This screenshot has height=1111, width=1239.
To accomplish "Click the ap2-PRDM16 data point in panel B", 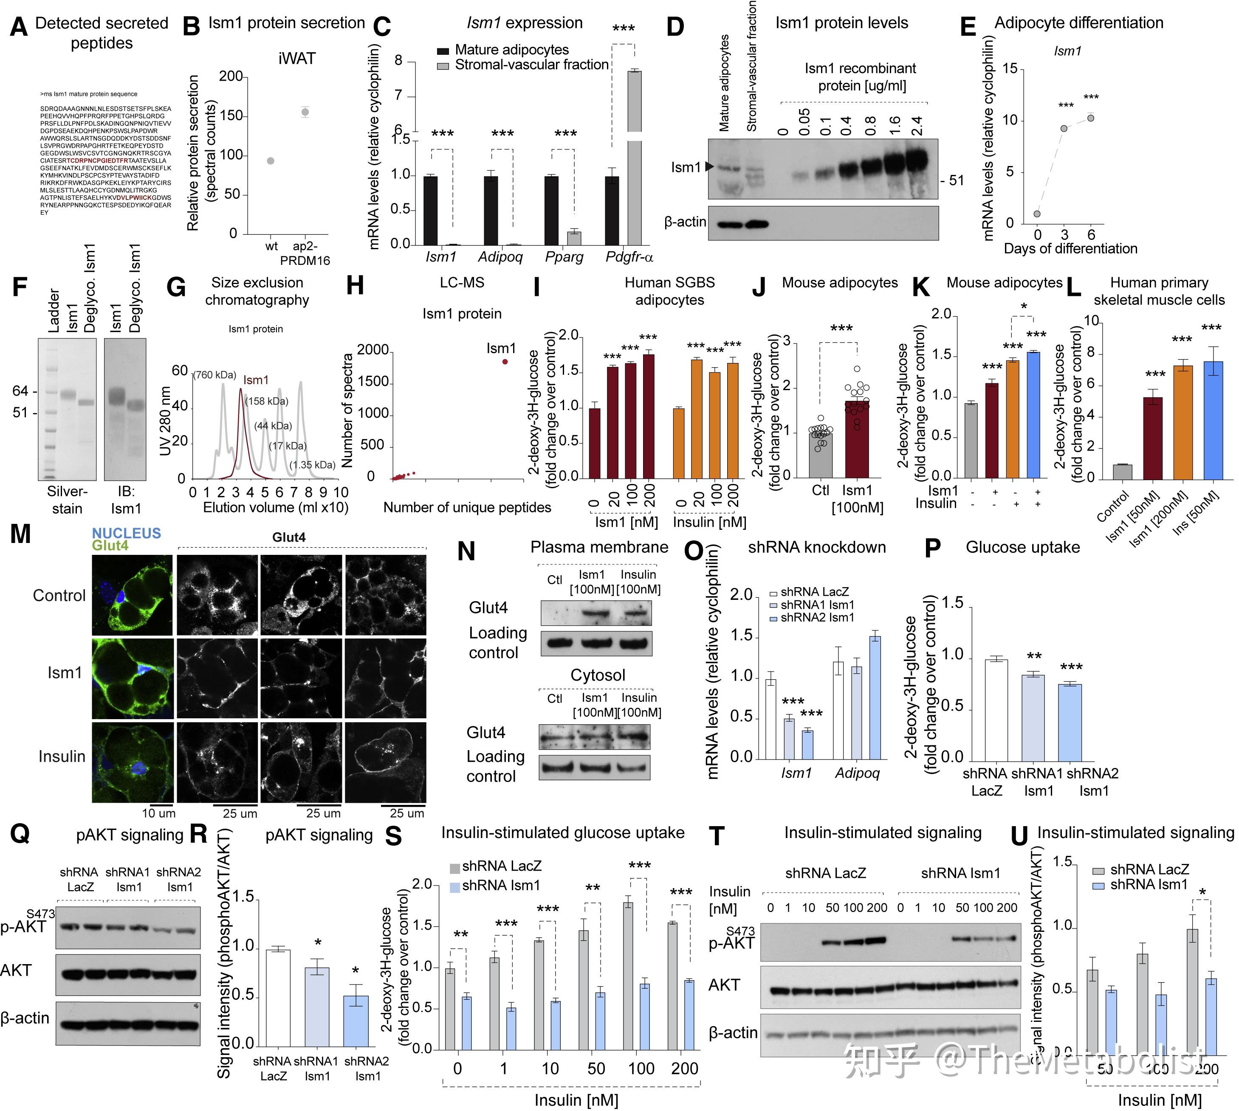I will pyautogui.click(x=305, y=113).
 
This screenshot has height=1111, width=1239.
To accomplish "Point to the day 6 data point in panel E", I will pyautogui.click(x=1091, y=118).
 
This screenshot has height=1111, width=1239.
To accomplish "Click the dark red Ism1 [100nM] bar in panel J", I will pyautogui.click(x=857, y=438).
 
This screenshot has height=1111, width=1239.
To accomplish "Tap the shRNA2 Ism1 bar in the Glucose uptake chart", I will pyautogui.click(x=1070, y=722).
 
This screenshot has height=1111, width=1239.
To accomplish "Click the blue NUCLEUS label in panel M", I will pyautogui.click(x=127, y=533).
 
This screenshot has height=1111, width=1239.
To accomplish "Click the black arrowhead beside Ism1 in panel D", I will pyautogui.click(x=709, y=166).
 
